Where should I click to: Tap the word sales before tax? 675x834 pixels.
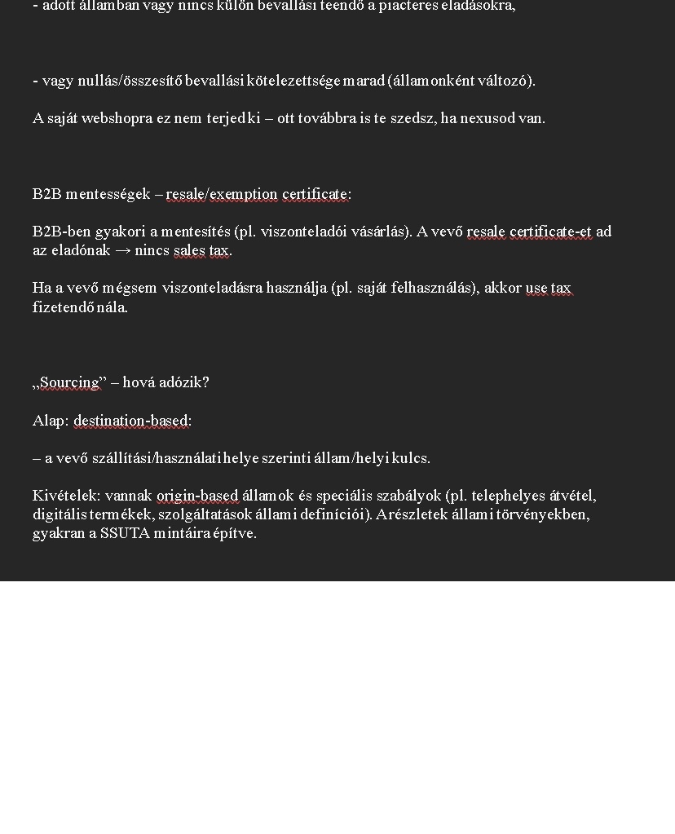(190, 251)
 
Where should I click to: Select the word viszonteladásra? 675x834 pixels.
(210, 288)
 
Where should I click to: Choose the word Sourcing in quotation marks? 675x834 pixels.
(69, 382)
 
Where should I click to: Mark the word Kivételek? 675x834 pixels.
(66, 496)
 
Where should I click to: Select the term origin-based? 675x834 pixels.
(197, 496)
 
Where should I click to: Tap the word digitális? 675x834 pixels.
(59, 514)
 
